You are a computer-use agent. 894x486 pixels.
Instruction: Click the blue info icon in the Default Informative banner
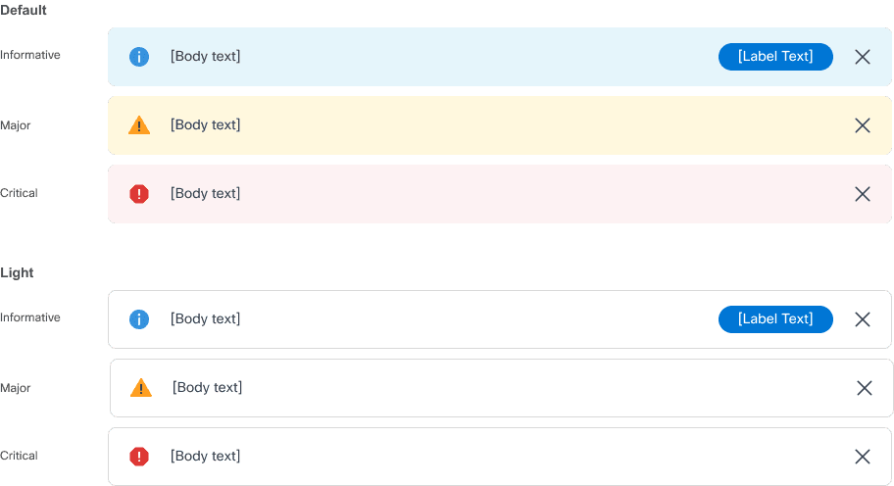(139, 57)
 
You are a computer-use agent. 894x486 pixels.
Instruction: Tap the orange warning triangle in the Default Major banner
(139, 125)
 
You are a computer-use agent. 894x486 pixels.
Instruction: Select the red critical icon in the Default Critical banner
(139, 194)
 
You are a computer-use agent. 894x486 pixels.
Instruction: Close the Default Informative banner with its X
(863, 57)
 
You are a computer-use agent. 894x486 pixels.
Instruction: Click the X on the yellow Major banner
(863, 125)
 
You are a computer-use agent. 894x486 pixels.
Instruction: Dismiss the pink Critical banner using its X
(863, 194)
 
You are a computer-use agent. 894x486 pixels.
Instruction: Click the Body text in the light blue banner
(205, 56)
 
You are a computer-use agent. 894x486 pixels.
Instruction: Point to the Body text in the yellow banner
(205, 124)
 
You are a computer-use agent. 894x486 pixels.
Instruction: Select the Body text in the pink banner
(205, 193)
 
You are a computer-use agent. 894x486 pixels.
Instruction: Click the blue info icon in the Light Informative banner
(139, 319)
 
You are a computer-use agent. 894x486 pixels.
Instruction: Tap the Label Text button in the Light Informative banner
(775, 318)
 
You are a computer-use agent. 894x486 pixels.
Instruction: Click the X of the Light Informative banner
(863, 319)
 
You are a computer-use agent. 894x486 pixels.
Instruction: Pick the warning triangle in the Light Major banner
(141, 388)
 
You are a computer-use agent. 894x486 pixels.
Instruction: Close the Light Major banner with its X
(865, 388)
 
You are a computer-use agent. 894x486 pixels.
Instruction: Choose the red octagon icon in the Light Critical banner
(139, 457)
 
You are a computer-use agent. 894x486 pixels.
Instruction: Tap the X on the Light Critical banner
(863, 457)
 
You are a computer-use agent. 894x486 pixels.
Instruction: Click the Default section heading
(24, 10)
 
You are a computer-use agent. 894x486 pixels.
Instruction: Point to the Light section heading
(17, 272)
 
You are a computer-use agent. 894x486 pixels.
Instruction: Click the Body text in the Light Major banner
(207, 387)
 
